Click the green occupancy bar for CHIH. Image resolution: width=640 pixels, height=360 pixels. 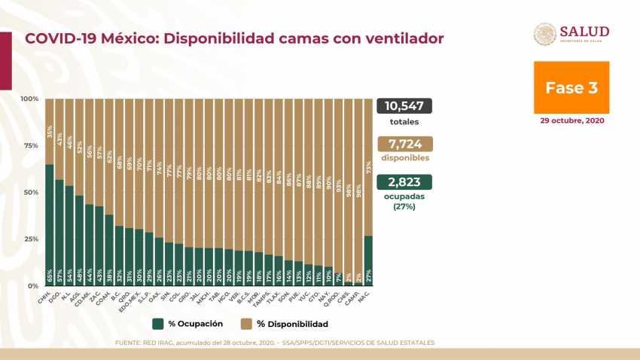(50, 226)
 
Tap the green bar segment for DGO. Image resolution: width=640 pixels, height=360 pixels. (59, 233)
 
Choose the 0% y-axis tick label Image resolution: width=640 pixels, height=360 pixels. (32, 286)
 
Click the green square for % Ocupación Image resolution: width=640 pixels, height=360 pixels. (158, 324)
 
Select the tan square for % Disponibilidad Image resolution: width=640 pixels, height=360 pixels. (245, 324)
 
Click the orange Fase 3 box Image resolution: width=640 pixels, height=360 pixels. (571, 87)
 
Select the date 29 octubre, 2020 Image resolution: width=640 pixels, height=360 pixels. (571, 121)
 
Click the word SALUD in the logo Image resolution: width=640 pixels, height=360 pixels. (584, 31)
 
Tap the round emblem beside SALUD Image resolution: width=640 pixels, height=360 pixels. (545, 35)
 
